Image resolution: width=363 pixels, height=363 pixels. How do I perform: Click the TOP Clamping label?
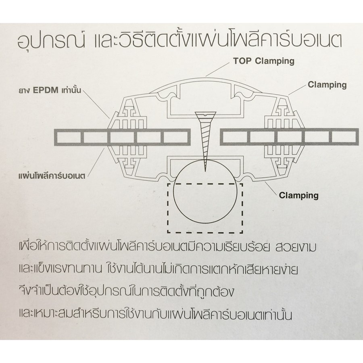point(264,61)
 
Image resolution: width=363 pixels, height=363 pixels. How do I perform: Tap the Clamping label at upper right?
point(327,85)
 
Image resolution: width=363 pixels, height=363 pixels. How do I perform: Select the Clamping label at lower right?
point(298,195)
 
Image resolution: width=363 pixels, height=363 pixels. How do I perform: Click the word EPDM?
point(46,90)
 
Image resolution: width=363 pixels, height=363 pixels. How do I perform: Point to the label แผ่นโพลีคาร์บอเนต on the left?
point(52,176)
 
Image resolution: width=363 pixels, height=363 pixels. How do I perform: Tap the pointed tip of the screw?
point(205,171)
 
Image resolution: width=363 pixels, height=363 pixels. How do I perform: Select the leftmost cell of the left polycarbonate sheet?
point(69,138)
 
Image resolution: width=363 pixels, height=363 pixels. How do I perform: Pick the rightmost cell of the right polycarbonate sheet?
point(343,138)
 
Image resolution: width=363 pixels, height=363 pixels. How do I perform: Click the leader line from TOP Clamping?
point(219,69)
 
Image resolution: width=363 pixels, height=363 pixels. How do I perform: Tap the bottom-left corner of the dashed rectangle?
point(168,232)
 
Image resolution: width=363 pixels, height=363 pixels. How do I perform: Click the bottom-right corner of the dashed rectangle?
point(242,232)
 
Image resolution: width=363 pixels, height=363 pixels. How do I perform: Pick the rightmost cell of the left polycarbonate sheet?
point(175,138)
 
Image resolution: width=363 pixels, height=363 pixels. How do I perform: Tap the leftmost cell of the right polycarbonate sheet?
point(234,138)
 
